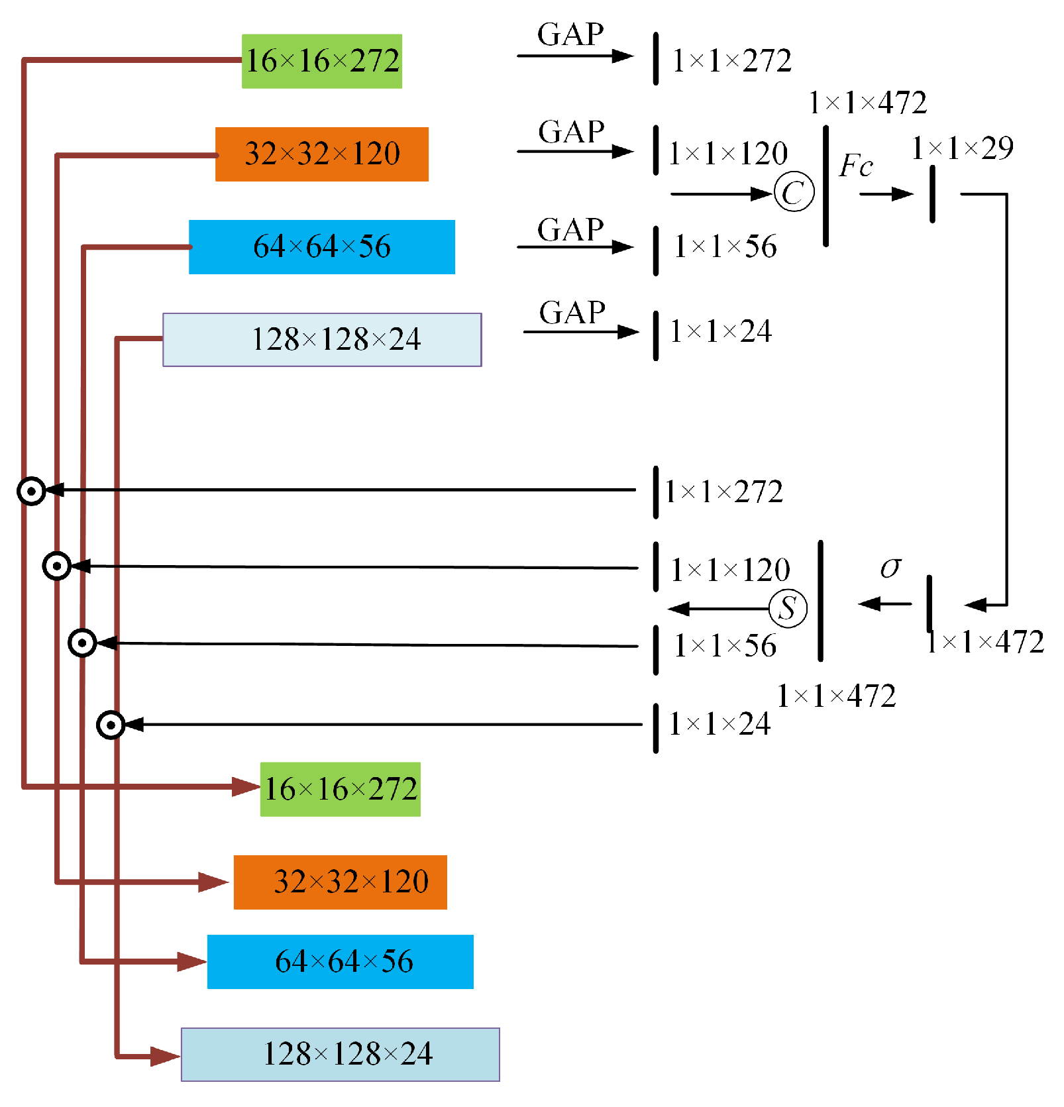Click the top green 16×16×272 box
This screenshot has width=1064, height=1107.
[x=321, y=61]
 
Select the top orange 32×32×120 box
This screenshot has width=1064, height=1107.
[x=321, y=154]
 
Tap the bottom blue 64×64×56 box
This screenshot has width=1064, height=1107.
[x=340, y=961]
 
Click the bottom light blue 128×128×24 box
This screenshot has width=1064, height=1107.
[x=340, y=1054]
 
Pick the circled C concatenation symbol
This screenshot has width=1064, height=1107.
[x=793, y=192]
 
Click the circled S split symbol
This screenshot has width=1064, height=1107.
[x=788, y=608]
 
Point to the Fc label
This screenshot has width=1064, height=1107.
[x=855, y=166]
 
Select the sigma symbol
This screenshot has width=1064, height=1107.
[x=890, y=567]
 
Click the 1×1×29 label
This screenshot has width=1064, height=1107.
[x=962, y=148]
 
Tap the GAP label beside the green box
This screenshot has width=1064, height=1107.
[x=570, y=34]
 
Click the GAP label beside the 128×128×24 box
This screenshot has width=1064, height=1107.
[x=572, y=313]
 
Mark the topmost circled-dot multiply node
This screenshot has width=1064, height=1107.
[x=31, y=491]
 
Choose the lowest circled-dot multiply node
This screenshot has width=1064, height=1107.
[x=111, y=725]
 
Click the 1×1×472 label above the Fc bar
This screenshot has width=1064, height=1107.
[x=867, y=103]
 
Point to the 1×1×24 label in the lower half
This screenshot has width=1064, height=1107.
[x=719, y=724]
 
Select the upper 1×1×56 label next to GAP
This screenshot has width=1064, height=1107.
[x=725, y=246]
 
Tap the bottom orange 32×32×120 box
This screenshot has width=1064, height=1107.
[x=340, y=882]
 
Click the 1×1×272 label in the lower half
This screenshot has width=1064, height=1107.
[x=723, y=492]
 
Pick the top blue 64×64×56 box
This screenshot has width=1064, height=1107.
[x=321, y=246]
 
